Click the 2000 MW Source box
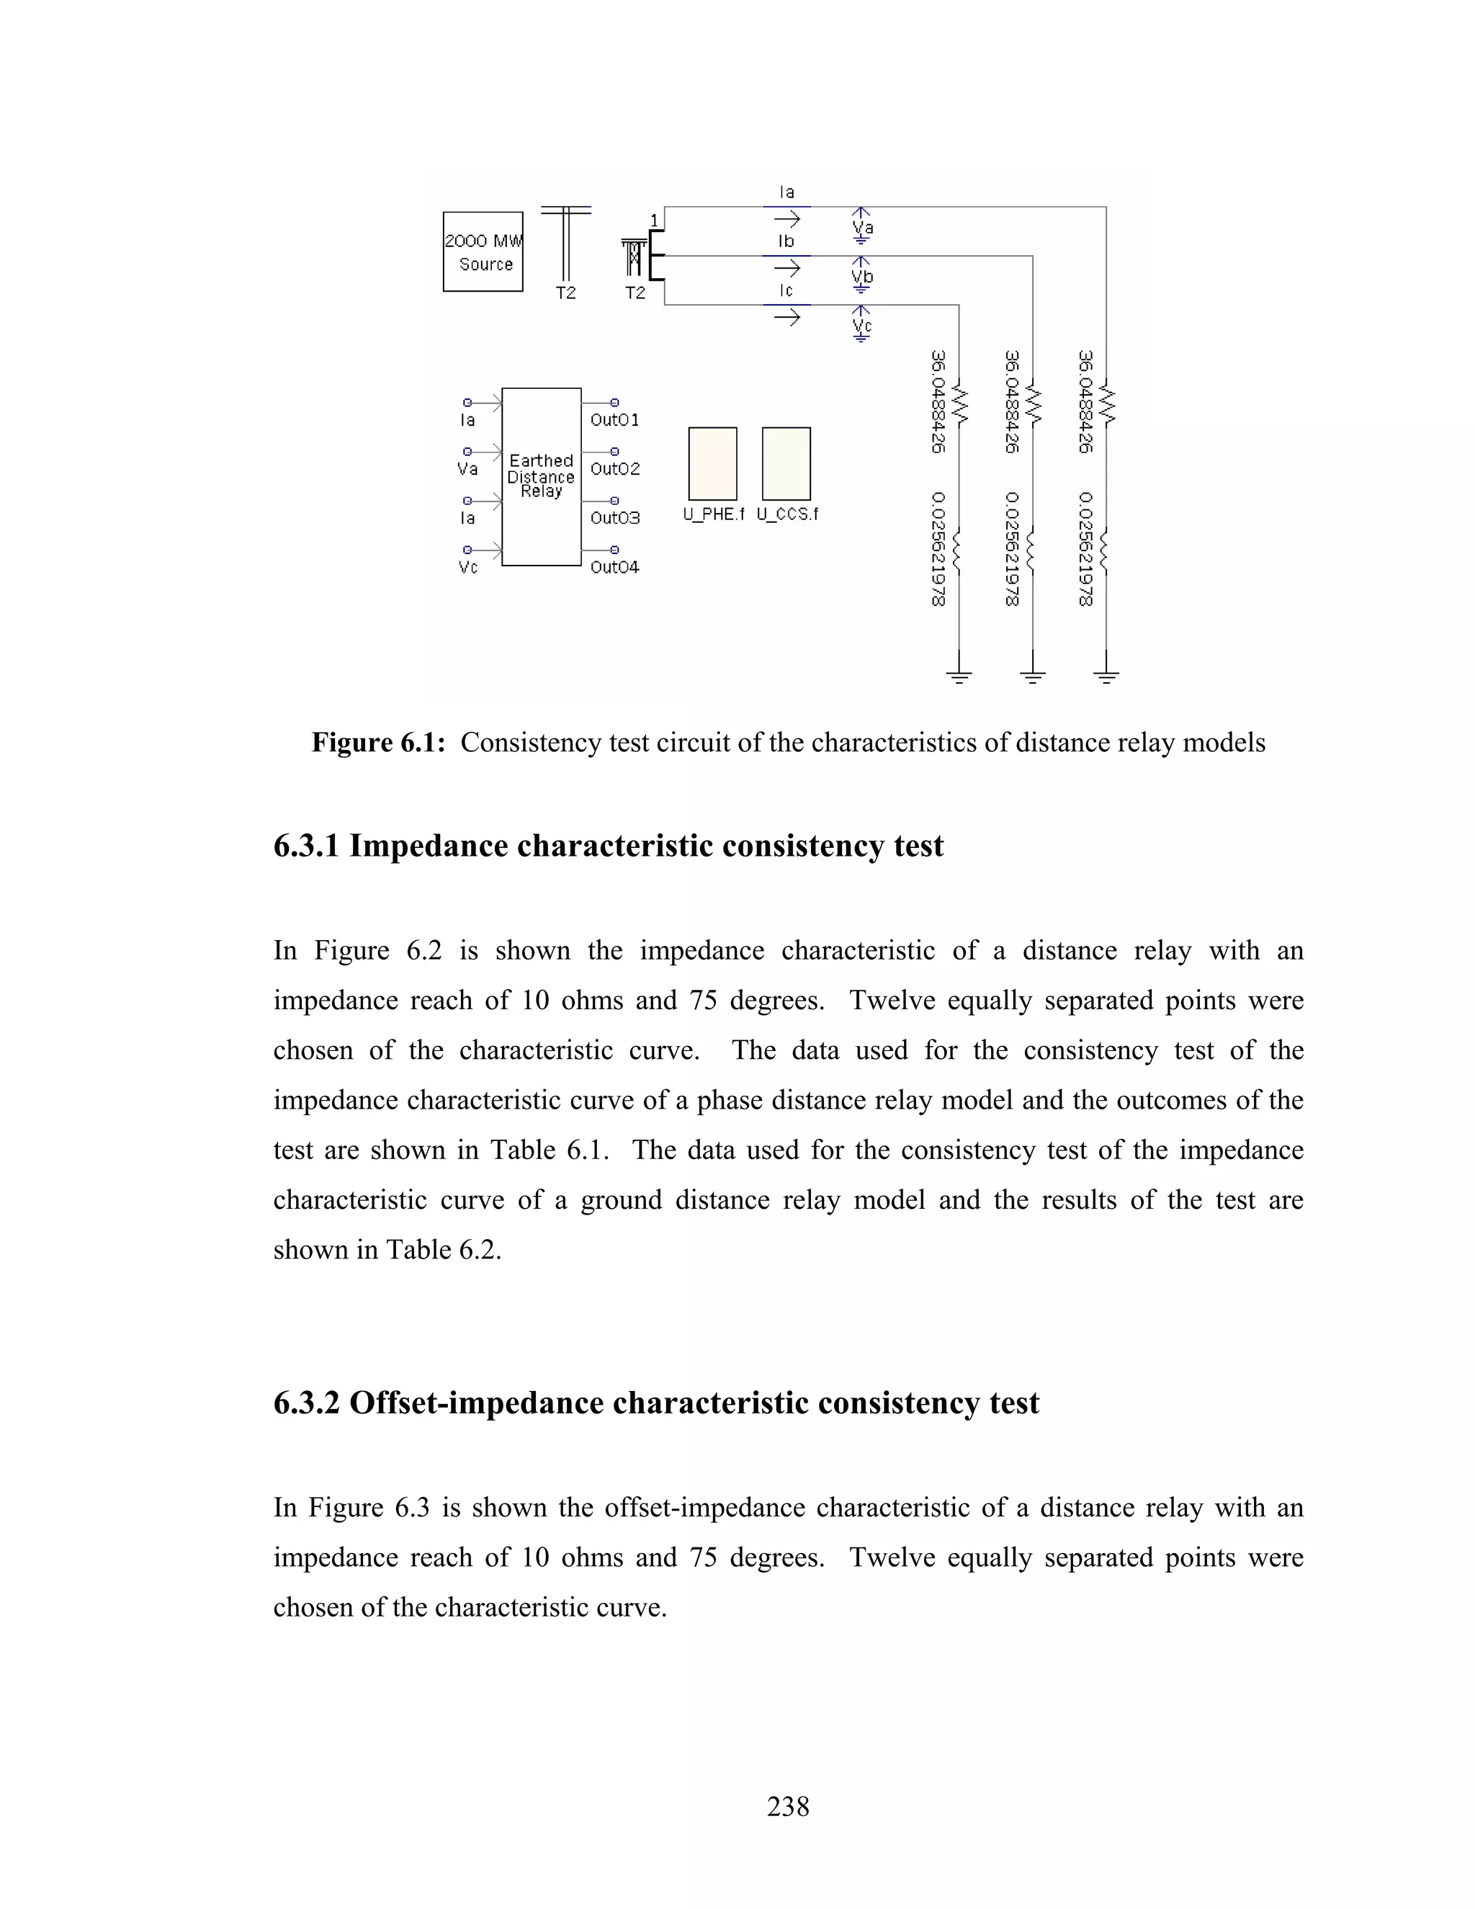tap(483, 251)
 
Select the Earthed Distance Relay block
tap(541, 476)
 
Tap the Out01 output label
tap(614, 421)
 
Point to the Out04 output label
tap(614, 567)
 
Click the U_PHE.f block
tap(712, 464)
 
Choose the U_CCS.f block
tap(786, 464)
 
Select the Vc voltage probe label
tap(862, 326)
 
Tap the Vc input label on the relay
tap(467, 567)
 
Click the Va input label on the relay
tap(467, 470)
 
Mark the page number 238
tap(787, 1806)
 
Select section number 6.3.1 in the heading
tap(306, 846)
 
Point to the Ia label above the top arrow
tap(786, 192)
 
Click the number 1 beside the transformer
tap(654, 220)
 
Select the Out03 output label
tap(614, 519)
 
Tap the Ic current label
tap(786, 291)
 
